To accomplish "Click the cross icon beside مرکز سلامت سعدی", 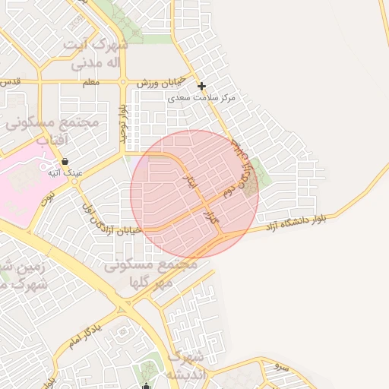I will [201, 87].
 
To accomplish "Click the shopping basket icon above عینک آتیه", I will [65, 161].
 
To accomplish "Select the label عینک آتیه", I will [65, 173].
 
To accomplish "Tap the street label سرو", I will [282, 367].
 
